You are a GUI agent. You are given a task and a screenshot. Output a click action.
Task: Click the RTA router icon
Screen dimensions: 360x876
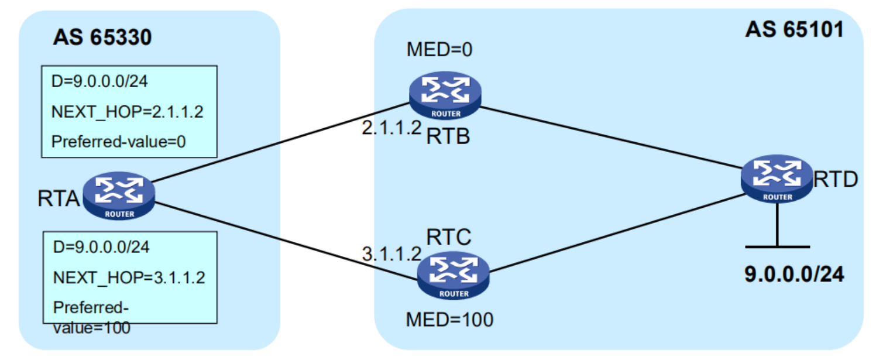tap(119, 197)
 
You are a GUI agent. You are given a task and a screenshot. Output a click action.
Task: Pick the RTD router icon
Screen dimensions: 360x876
tap(777, 180)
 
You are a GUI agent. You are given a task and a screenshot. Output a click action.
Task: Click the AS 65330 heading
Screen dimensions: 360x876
tap(102, 37)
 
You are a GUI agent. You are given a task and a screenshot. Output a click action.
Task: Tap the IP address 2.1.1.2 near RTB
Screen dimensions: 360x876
tap(391, 128)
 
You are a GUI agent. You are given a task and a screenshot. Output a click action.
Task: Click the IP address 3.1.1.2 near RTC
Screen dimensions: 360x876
tap(391, 253)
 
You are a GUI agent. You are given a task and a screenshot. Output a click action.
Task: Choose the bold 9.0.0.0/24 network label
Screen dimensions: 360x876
tap(794, 274)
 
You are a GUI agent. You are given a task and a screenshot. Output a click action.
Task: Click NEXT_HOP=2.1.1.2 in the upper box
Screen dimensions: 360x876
tap(128, 111)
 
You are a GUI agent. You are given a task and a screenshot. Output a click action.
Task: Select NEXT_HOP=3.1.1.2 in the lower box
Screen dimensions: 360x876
tap(129, 277)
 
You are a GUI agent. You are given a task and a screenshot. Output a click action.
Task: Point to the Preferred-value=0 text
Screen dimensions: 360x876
tap(119, 142)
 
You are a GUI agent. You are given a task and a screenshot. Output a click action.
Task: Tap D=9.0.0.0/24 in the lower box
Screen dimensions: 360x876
tap(101, 247)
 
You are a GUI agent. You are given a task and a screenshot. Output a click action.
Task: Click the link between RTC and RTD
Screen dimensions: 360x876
tap(614, 234)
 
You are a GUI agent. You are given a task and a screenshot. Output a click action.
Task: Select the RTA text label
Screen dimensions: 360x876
tap(59, 200)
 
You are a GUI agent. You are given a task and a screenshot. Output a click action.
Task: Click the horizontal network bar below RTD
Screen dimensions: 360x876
tap(777, 246)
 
